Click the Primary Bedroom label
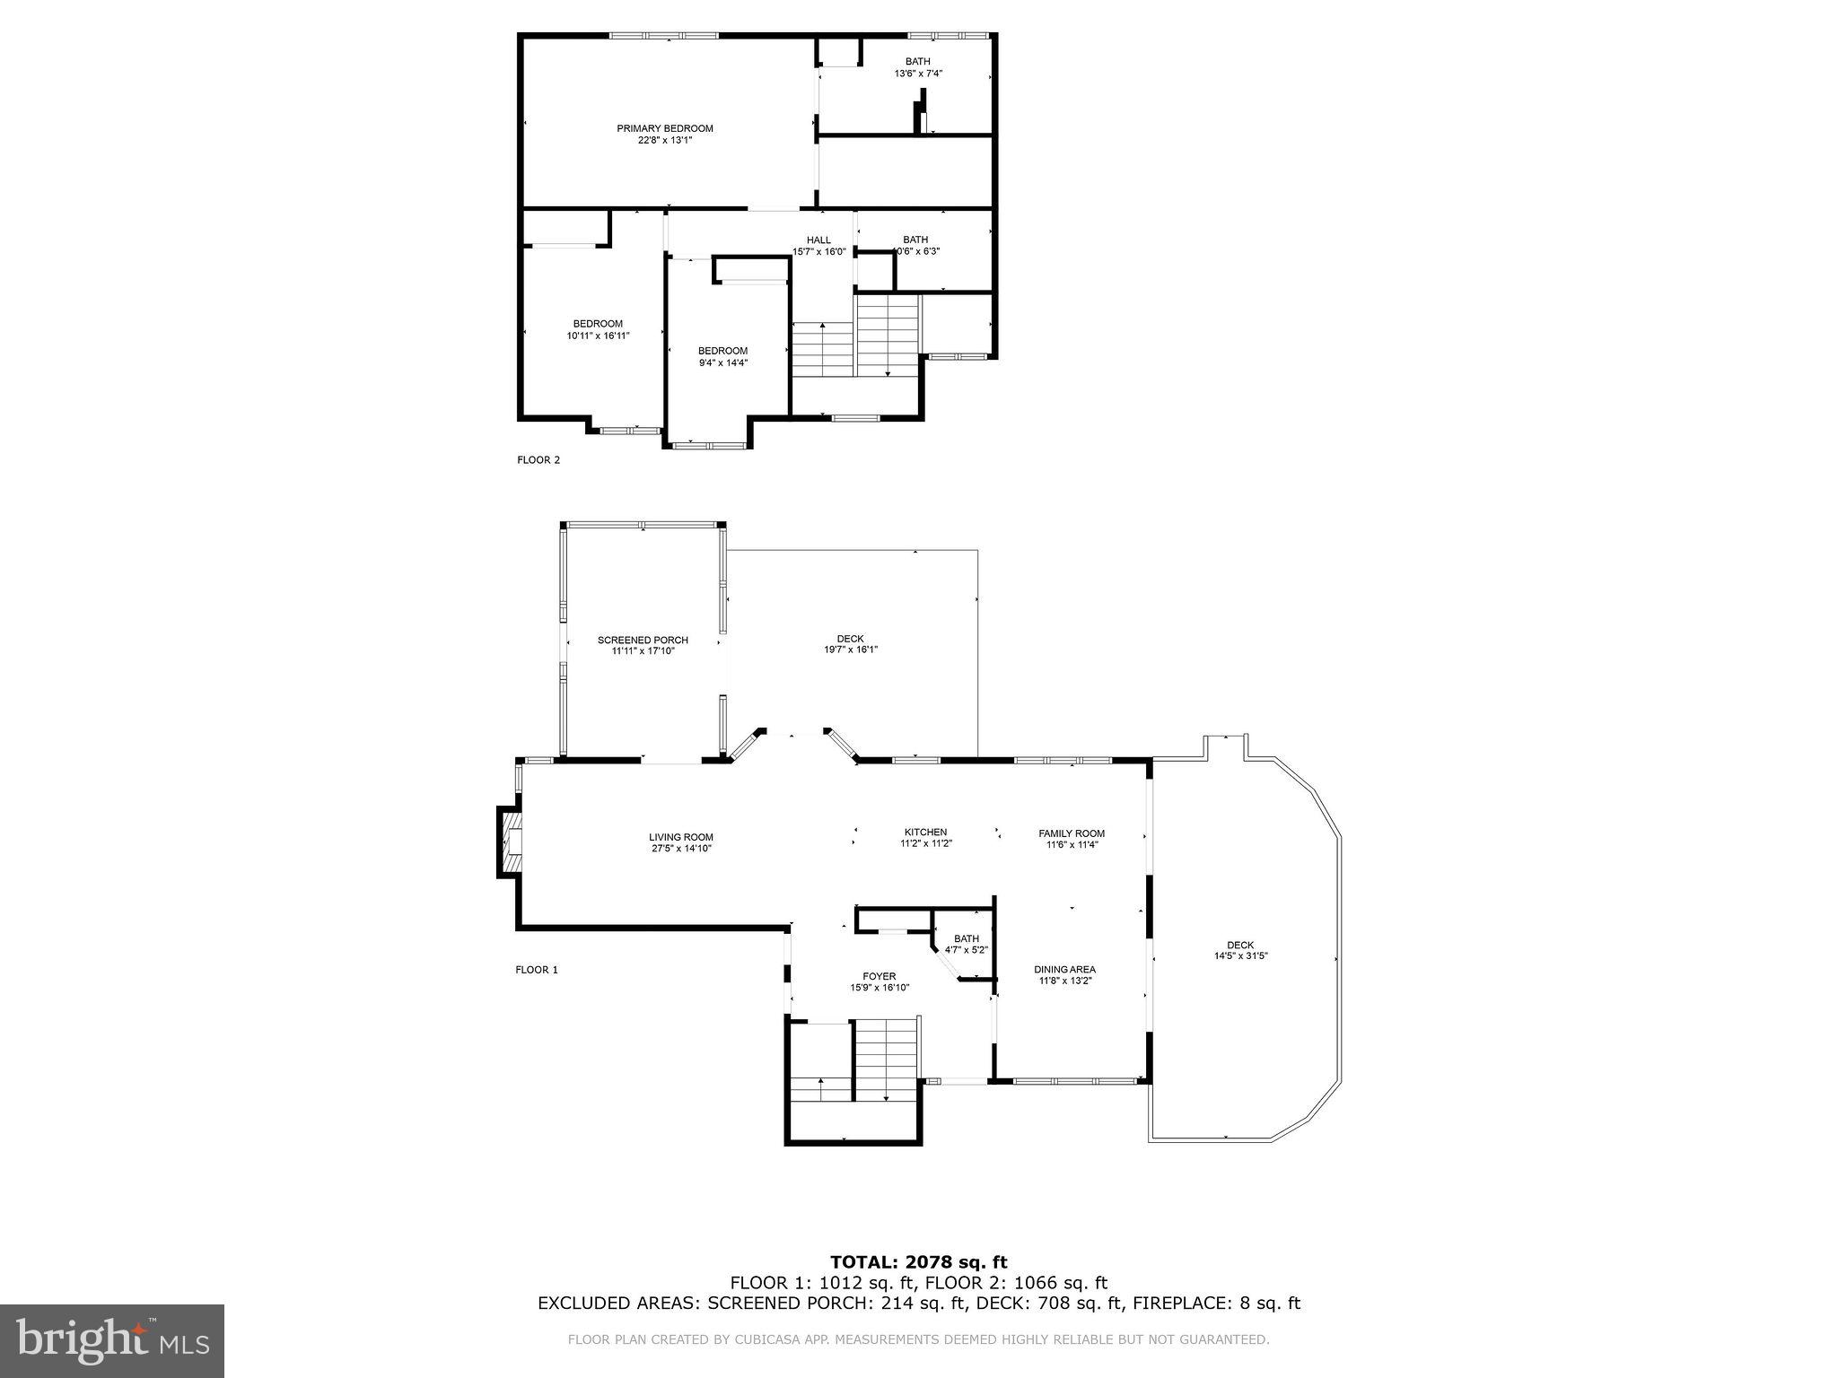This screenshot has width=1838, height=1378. tap(664, 128)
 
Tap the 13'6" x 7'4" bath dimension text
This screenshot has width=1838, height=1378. tap(917, 74)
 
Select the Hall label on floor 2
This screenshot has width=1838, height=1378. tap(818, 240)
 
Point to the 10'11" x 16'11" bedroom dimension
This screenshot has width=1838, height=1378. tap(598, 336)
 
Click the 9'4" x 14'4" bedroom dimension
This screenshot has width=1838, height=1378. tap(722, 362)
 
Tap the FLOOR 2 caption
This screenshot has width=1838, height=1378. tap(538, 460)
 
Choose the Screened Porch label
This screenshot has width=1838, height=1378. tap(643, 640)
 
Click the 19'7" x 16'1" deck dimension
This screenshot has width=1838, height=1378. tap(851, 650)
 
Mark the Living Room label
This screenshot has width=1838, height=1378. tap(681, 837)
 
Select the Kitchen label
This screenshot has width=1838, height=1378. tap(925, 833)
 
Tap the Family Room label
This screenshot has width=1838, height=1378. tap(1072, 833)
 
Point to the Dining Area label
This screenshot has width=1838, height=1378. tap(1064, 969)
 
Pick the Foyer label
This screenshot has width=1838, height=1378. tap(880, 976)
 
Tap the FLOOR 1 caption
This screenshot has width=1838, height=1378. tap(537, 970)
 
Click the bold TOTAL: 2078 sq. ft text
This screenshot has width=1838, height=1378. tap(919, 1262)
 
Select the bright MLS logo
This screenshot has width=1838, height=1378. tap(112, 1341)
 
